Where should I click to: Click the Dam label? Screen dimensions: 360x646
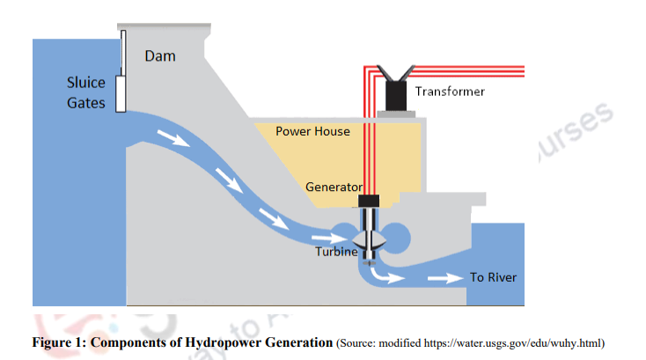click(160, 56)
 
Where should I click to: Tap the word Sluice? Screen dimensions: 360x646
click(86, 83)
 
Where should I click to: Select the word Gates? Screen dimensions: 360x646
click(86, 103)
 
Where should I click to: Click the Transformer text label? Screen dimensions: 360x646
click(450, 91)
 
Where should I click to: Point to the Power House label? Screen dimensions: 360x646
click(312, 131)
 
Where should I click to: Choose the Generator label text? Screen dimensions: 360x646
click(334, 187)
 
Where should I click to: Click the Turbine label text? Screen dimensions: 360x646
click(336, 252)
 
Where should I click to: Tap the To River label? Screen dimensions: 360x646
click(493, 277)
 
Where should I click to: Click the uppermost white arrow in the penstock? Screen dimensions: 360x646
click(172, 137)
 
